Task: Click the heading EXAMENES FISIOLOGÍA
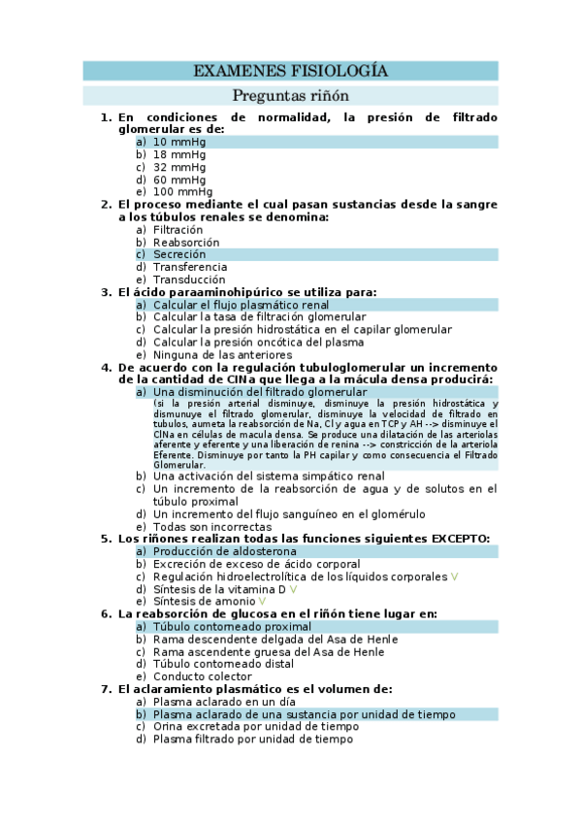pyautogui.click(x=290, y=71)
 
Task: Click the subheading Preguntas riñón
pyautogui.click(x=290, y=96)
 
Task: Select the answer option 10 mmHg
pyautogui.click(x=179, y=142)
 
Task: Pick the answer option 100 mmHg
pyautogui.click(x=182, y=192)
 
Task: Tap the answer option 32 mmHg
pyautogui.click(x=179, y=167)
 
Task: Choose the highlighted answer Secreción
pyautogui.click(x=179, y=254)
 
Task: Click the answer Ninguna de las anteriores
pyautogui.click(x=222, y=355)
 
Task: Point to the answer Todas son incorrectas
pyautogui.click(x=212, y=527)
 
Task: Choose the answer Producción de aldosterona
pyautogui.click(x=224, y=551)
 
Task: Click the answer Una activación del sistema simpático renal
pyautogui.click(x=269, y=477)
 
